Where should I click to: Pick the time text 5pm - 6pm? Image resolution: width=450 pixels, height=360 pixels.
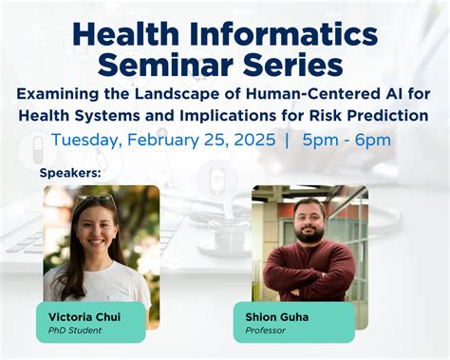point(347,141)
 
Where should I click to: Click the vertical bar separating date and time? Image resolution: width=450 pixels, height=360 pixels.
point(287,141)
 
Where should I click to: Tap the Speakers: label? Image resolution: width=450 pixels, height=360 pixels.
point(70,174)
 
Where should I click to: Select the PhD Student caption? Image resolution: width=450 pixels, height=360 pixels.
point(75,330)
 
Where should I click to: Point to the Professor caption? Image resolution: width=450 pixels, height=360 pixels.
point(267,330)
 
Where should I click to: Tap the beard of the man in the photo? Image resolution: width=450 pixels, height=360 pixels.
point(309,233)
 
